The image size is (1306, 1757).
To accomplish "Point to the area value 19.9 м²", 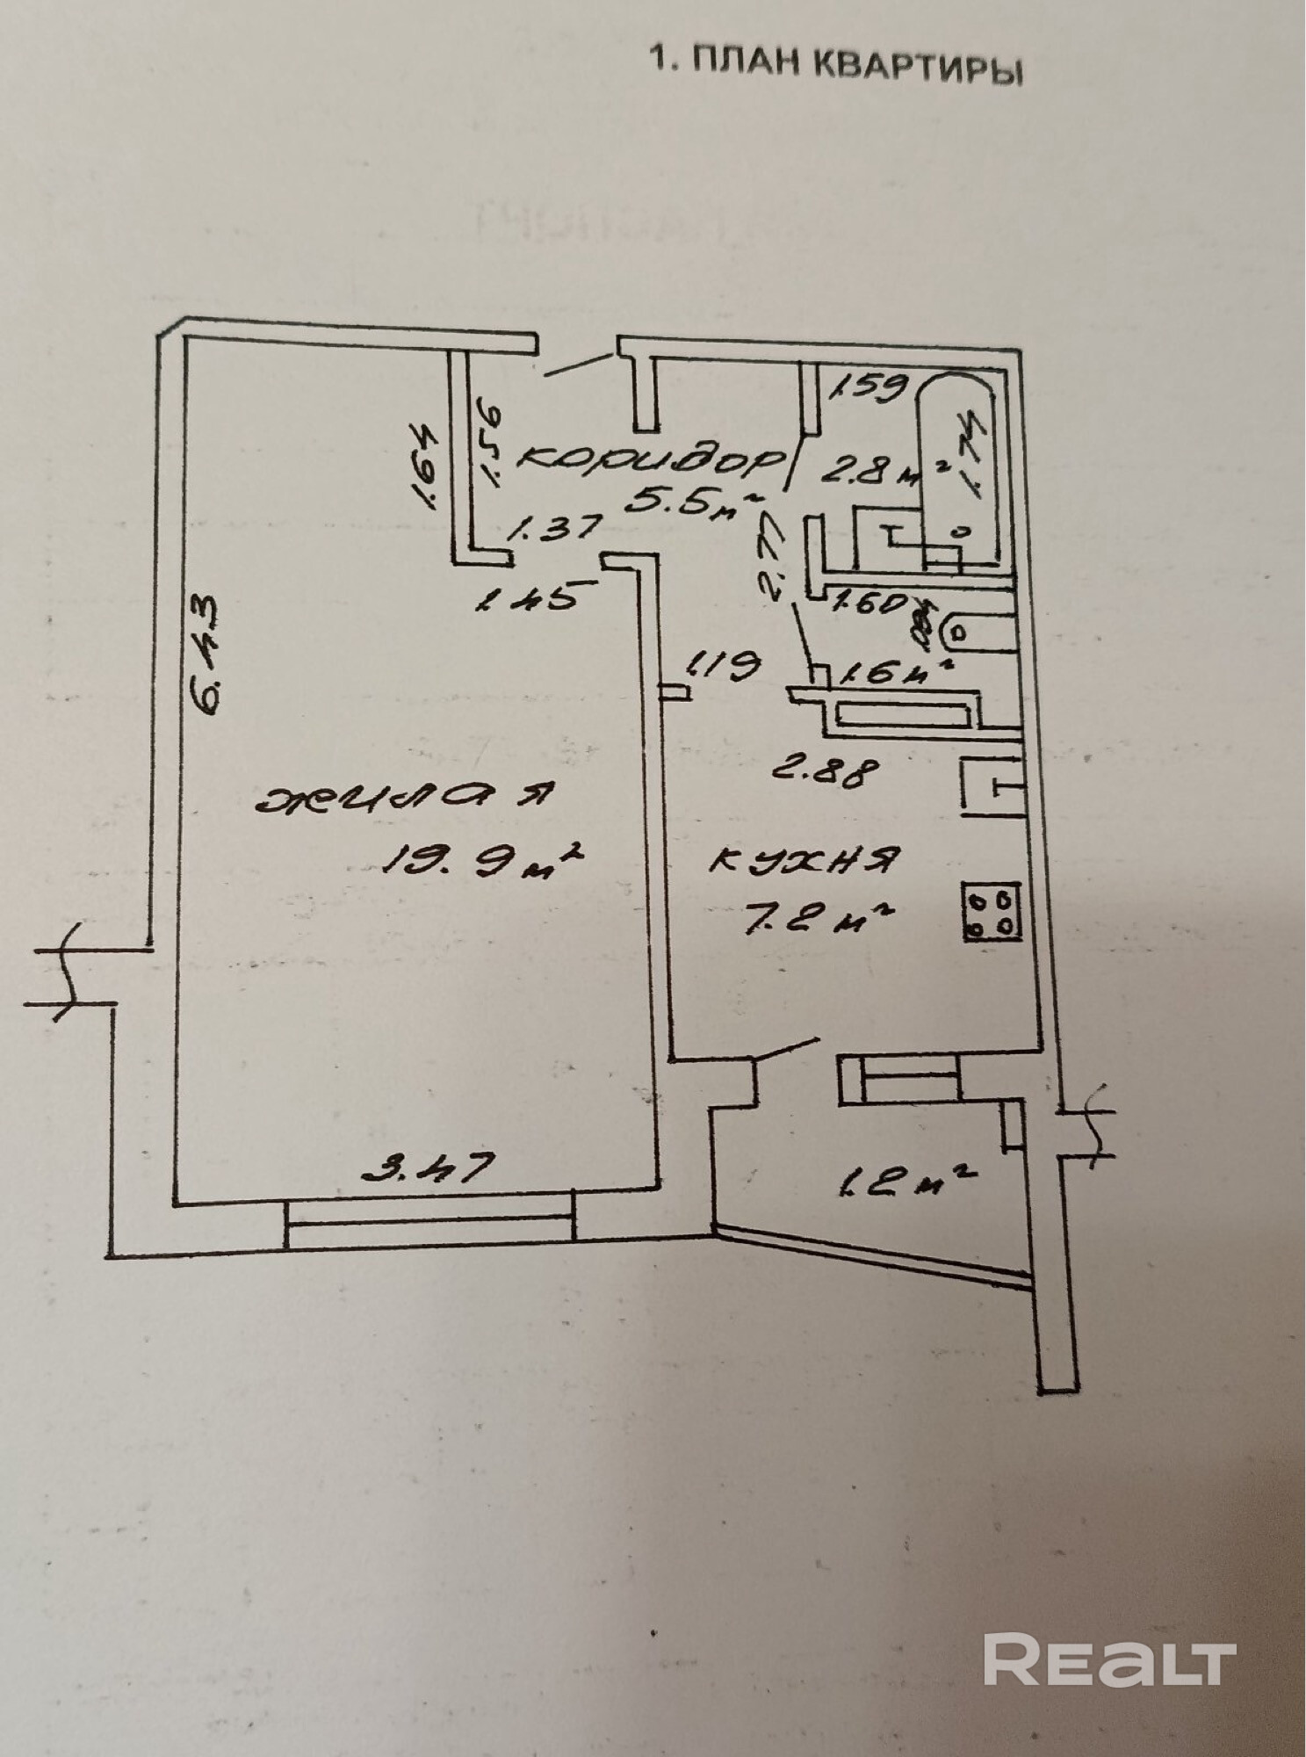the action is (481, 857).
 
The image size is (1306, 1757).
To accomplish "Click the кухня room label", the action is (803, 858).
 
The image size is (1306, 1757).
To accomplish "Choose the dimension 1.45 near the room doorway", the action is (526, 600).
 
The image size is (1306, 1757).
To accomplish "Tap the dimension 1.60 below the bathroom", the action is (870, 604).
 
